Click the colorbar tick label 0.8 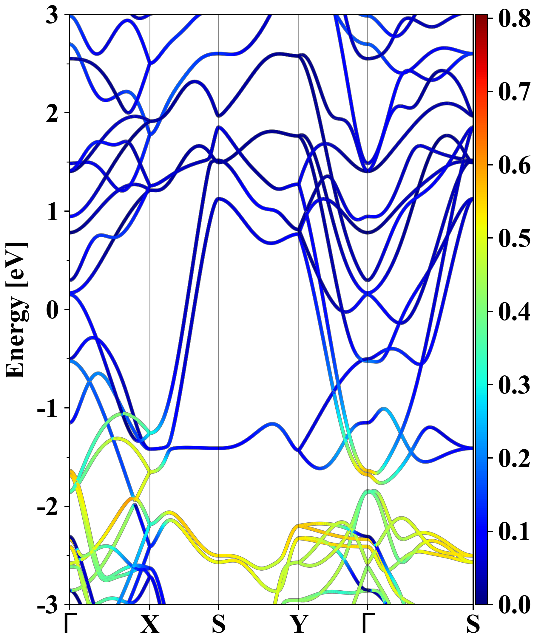pos(514,18)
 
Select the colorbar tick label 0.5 pos(514,238)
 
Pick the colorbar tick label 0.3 pos(514,385)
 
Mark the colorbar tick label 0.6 pos(514,165)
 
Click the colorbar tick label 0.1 pos(514,532)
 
